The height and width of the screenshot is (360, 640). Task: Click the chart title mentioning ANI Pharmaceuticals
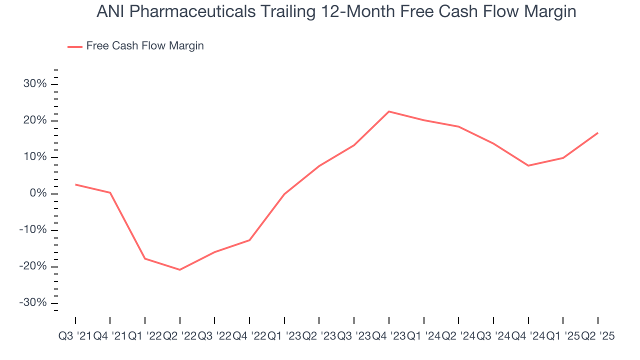coord(336,11)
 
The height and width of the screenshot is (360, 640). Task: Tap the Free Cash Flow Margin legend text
coord(145,46)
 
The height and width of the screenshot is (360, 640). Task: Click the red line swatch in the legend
coord(74,46)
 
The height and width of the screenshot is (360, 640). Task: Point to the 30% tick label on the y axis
coord(35,84)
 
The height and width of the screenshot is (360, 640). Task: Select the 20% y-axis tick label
coord(35,120)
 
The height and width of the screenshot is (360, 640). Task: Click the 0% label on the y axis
coord(38,193)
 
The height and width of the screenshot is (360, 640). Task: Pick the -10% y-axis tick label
coord(33,230)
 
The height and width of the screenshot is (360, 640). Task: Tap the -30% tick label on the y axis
coord(33,303)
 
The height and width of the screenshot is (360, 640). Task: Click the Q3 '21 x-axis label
coord(74,336)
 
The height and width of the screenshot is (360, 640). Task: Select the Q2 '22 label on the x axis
coord(179,336)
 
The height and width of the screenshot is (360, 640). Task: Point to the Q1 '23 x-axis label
coord(284,336)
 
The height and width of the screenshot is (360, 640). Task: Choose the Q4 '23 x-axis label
coord(388,336)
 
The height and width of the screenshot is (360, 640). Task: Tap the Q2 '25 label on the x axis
coord(597,336)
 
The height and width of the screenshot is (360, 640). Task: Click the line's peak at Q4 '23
coord(389,111)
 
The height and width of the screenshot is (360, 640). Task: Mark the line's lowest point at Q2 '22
coord(179,269)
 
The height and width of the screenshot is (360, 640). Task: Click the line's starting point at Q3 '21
coord(75,184)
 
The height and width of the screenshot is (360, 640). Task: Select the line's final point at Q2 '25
coord(597,133)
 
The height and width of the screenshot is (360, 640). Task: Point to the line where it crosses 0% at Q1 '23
coord(284,194)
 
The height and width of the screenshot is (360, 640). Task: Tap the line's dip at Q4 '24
coord(528,165)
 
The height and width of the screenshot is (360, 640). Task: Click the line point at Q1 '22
coord(145,258)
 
